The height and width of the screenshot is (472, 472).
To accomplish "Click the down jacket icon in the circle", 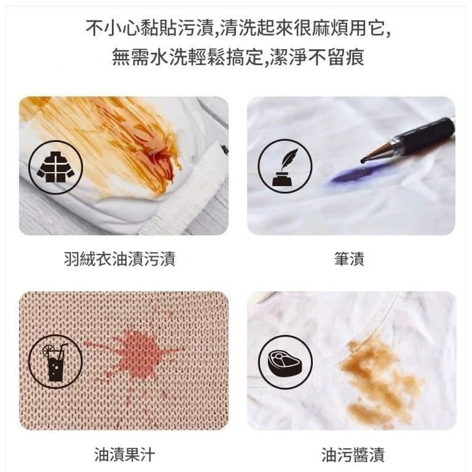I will (x=56, y=167).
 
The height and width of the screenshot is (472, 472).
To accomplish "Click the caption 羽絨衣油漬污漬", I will (x=119, y=259).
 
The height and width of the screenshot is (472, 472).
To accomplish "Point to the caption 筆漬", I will (x=350, y=259).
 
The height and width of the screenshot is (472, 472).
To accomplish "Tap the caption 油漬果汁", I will (x=120, y=455).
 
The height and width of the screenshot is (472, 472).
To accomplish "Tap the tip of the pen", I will (x=364, y=160).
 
